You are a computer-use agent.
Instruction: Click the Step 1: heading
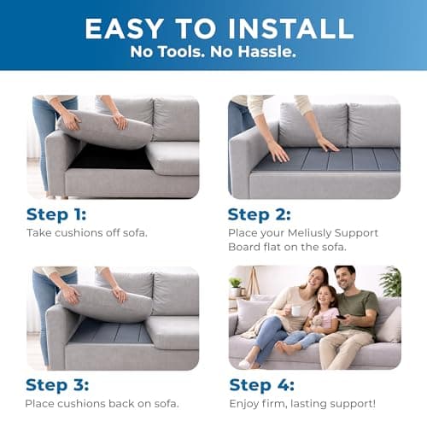56,213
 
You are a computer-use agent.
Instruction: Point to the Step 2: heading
260,213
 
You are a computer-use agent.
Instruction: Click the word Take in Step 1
39,232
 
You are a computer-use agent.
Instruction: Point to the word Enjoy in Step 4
246,403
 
